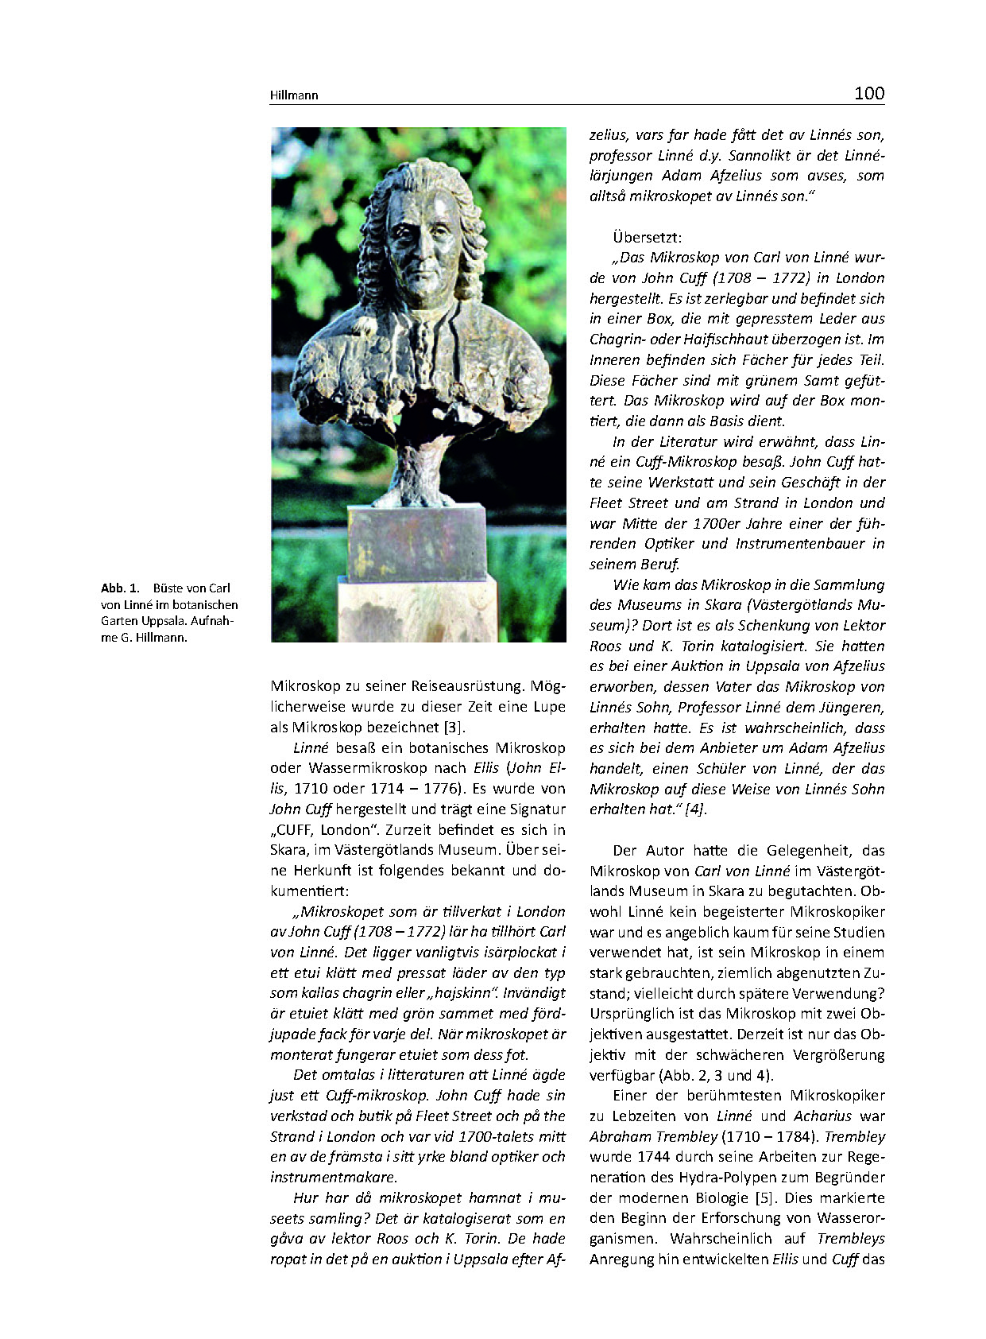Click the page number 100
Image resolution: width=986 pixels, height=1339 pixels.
(x=868, y=94)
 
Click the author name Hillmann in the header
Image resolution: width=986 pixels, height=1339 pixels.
(x=294, y=95)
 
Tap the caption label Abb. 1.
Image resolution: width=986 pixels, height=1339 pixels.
(x=120, y=588)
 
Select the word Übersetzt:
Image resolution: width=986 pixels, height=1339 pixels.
(x=647, y=237)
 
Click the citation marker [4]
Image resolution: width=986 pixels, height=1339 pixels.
(x=695, y=809)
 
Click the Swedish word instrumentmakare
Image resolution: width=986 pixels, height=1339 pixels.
(x=333, y=1178)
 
